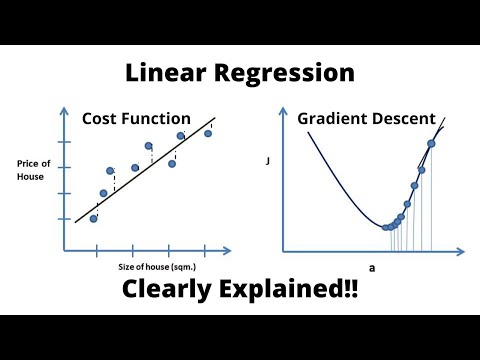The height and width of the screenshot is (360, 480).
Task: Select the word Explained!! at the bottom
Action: [x=299, y=292]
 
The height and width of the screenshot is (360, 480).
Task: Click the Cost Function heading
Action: [x=149, y=118]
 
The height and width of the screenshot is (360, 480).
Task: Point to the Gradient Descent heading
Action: [x=366, y=118]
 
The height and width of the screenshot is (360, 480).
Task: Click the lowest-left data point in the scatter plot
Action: [x=94, y=218]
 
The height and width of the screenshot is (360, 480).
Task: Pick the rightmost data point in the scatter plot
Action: [x=208, y=133]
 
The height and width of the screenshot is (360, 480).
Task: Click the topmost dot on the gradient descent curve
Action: [x=431, y=143]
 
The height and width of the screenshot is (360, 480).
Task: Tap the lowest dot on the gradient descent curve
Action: [x=386, y=227]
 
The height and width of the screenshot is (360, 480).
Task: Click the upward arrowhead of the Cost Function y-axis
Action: [x=67, y=113]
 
